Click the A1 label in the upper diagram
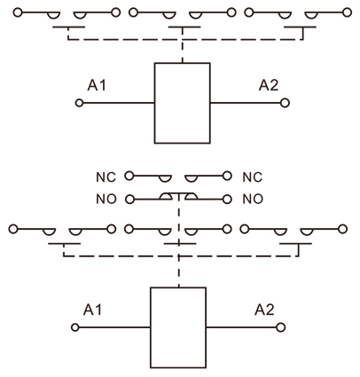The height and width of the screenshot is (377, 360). [x=98, y=86]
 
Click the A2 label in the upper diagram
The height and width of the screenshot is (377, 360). [x=269, y=86]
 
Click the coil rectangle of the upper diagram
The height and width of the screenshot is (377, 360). [x=182, y=103]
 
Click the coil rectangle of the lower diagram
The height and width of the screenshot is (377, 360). [x=178, y=327]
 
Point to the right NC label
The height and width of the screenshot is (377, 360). [x=252, y=177]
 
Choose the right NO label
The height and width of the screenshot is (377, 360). [x=252, y=199]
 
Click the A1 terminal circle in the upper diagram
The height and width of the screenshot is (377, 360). [x=79, y=103]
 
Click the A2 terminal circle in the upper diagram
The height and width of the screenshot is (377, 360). [x=285, y=103]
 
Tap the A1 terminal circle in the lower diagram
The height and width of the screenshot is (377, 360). [x=76, y=327]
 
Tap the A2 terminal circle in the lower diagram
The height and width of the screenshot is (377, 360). [x=282, y=327]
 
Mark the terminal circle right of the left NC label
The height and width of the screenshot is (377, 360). [x=129, y=177]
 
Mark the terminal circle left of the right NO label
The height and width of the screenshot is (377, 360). [x=229, y=199]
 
